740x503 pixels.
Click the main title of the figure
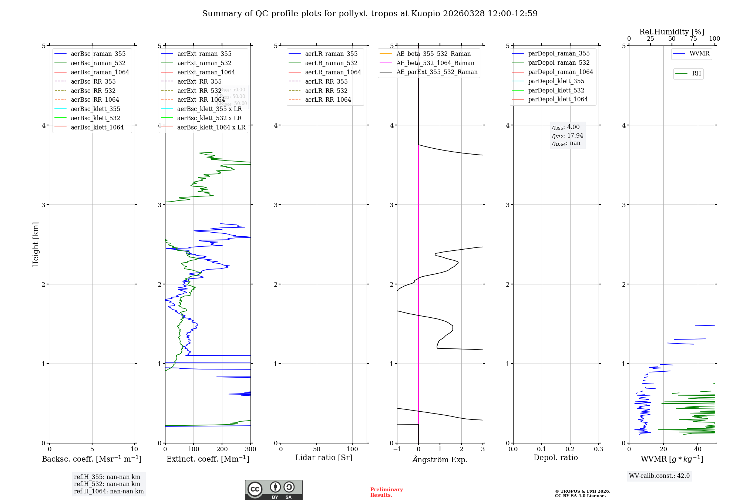click(370, 14)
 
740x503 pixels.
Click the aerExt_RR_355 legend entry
click(199, 81)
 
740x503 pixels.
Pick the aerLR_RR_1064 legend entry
click(328, 99)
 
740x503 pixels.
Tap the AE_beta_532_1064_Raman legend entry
click(435, 63)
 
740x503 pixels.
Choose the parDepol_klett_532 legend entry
click(556, 90)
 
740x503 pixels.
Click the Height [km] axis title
click(36, 244)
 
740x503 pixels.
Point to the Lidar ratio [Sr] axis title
click(324, 458)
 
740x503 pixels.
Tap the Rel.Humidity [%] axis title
click(672, 32)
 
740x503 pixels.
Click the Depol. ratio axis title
click(555, 458)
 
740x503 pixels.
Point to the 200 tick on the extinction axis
click(222, 449)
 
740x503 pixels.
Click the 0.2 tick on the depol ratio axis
click(570, 449)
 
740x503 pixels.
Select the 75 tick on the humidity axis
click(693, 38)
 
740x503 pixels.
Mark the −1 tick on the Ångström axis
click(397, 449)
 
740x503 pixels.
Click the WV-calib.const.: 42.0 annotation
click(659, 476)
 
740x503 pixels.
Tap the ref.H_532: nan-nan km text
click(107, 484)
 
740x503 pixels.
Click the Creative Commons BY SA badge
click(273, 490)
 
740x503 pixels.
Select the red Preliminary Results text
click(386, 492)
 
